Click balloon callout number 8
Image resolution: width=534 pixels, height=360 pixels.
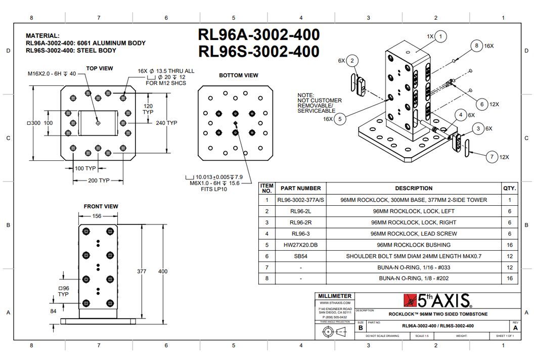[476, 46]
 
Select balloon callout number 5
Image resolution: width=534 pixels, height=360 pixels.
[340, 119]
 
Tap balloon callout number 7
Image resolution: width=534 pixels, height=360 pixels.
[492, 157]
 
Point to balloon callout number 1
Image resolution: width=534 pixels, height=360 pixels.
[441, 36]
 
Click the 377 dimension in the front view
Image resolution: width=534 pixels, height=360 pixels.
[142, 272]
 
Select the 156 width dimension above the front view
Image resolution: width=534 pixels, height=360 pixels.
[98, 216]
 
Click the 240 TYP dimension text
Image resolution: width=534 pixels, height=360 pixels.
[166, 123]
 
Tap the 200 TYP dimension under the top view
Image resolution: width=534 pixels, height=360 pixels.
[98, 181]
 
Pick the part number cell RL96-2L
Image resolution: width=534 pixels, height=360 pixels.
[301, 211]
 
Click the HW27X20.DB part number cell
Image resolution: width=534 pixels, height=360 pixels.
[301, 245]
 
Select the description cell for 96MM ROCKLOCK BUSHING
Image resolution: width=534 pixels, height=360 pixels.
[414, 245]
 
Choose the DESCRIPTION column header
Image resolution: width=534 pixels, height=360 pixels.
[414, 188]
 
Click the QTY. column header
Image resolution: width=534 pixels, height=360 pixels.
[510, 188]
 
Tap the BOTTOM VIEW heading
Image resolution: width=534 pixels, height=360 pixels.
[239, 75]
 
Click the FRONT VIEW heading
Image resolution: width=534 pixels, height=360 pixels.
[101, 206]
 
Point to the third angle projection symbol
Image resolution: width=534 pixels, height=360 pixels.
[333, 332]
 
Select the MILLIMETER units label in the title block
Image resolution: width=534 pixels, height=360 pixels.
[334, 296]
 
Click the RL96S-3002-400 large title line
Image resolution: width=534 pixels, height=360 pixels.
[259, 52]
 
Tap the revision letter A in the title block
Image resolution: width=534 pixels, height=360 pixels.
[515, 328]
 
